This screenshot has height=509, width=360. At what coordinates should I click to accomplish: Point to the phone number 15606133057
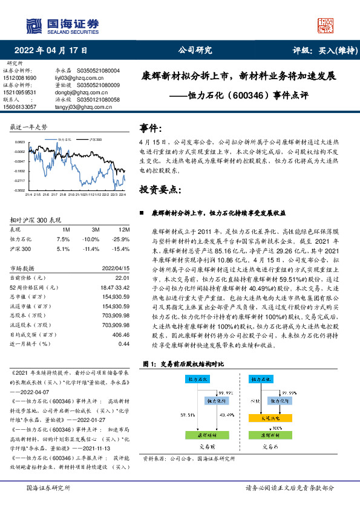[20, 106]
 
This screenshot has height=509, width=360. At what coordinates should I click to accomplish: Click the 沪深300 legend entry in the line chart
[93, 139]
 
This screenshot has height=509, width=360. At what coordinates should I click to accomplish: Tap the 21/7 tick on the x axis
[54, 195]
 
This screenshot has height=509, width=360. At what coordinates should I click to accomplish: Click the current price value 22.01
[122, 277]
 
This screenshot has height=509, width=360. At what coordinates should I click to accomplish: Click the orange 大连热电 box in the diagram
[274, 417]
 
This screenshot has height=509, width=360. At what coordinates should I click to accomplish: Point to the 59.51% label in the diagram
[188, 415]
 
